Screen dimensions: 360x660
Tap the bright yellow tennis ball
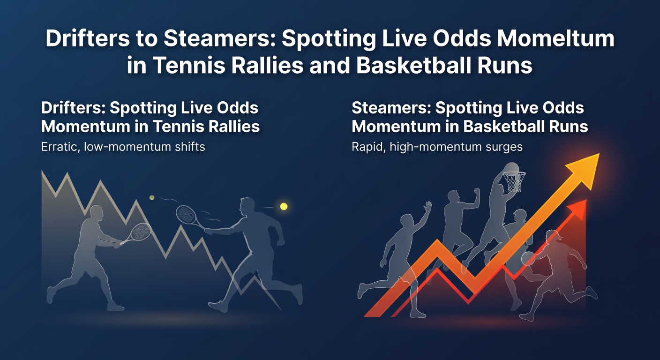click(283, 206)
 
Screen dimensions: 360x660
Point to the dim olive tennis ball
click(152, 198)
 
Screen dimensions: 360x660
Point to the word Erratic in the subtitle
click(60, 147)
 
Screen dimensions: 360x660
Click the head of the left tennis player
click(96, 213)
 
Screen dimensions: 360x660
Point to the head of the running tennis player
click(246, 206)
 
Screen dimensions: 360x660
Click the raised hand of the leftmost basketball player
click(427, 207)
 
